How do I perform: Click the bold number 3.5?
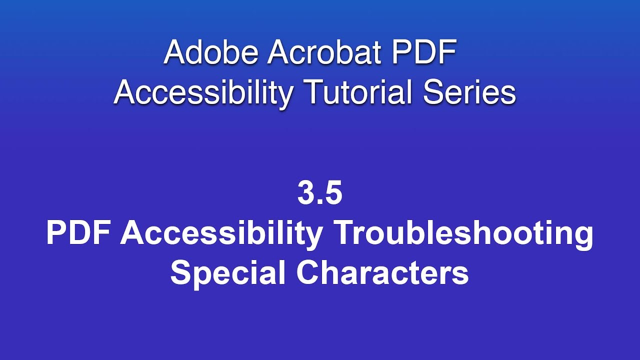point(320,194)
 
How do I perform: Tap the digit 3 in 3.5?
point(306,194)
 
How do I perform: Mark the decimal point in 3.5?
point(320,202)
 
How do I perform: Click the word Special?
point(228,273)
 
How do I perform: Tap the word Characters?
point(382,273)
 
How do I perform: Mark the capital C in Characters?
point(306,273)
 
